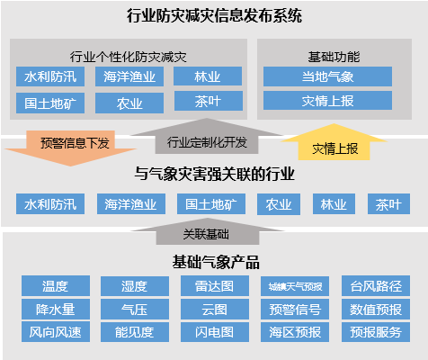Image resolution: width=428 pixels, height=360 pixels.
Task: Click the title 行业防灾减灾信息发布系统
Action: click(x=214, y=16)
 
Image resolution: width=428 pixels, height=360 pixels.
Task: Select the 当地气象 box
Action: click(x=327, y=76)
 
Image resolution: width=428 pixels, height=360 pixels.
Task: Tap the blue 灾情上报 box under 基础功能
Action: click(x=327, y=101)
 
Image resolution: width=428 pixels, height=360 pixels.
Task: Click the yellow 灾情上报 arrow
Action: click(x=334, y=143)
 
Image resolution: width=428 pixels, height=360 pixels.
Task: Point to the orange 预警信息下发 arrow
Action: click(x=71, y=148)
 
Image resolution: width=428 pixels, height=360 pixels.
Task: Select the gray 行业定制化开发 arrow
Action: click(x=207, y=137)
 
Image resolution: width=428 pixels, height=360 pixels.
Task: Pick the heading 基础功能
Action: click(x=334, y=57)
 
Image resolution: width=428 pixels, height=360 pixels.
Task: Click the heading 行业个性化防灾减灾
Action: click(x=129, y=57)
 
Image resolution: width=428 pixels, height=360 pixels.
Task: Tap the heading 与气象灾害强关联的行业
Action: click(x=214, y=174)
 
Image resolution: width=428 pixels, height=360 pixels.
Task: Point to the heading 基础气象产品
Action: click(x=216, y=262)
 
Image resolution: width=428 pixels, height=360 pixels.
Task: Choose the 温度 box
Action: click(x=56, y=285)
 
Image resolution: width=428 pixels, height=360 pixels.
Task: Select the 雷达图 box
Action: click(x=215, y=285)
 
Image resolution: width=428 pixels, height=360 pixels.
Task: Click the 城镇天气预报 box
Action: click(x=295, y=286)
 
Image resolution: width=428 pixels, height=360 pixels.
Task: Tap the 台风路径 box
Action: click(x=376, y=285)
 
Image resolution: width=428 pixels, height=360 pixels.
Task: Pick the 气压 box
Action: click(x=135, y=309)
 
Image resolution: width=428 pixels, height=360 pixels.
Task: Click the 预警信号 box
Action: click(x=295, y=309)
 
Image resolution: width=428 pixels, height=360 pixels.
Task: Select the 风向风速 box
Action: click(x=56, y=332)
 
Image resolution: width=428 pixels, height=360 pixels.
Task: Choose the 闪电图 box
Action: click(x=215, y=332)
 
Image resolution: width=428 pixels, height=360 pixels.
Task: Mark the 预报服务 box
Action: click(x=376, y=332)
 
